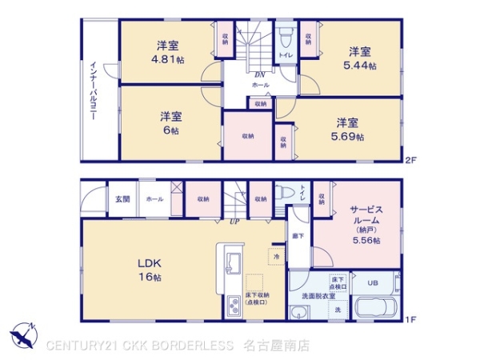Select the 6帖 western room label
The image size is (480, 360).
click(x=166, y=130)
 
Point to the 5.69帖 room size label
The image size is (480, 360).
click(x=348, y=136)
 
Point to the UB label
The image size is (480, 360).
click(x=373, y=282)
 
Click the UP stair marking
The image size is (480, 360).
click(x=235, y=221)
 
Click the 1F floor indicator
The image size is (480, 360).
click(x=410, y=320)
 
